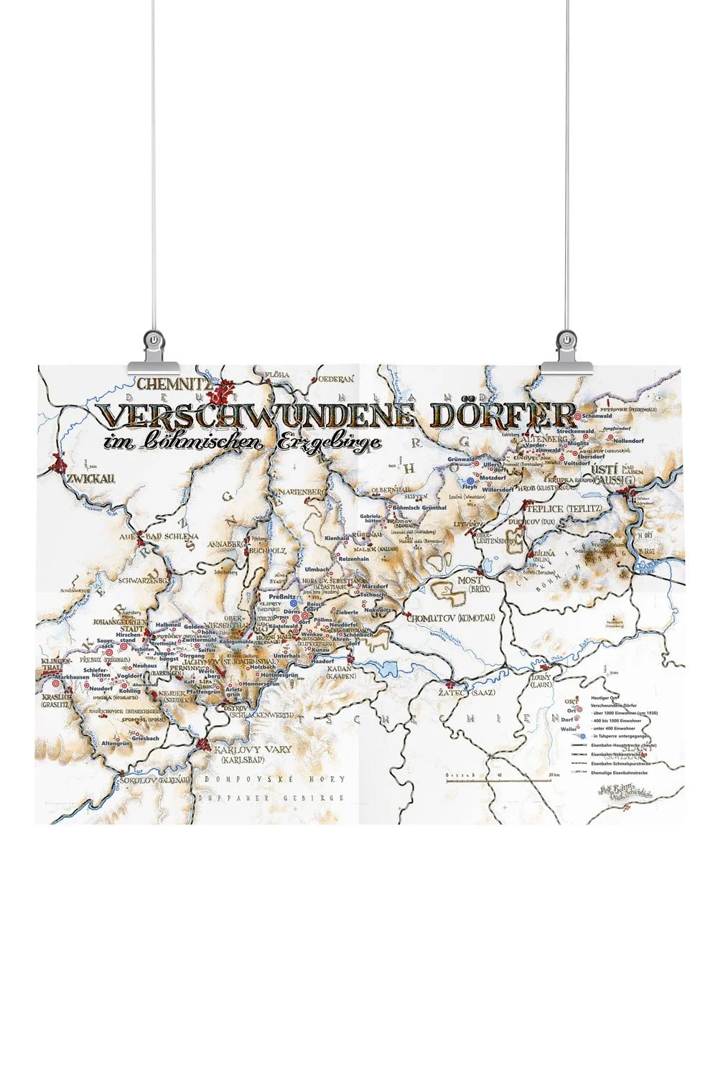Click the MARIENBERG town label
tap(297, 491)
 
